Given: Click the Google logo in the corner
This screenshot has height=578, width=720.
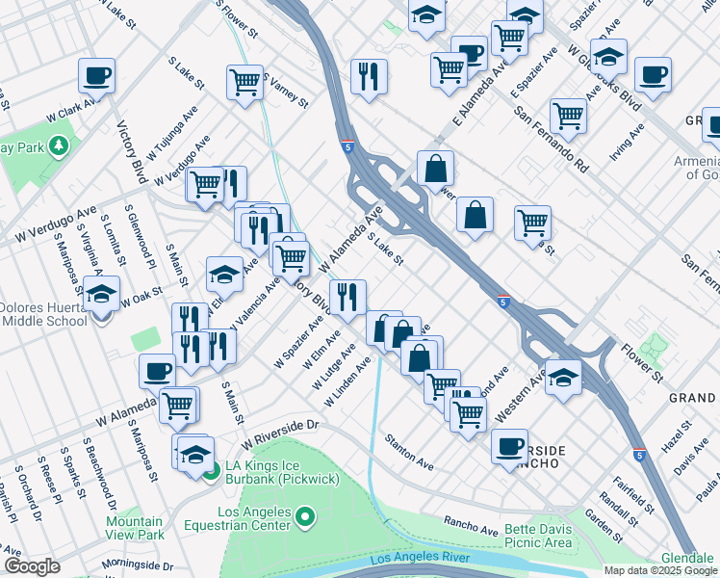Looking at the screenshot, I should (32, 566).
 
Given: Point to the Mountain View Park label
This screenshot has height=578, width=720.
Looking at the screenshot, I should (135, 527).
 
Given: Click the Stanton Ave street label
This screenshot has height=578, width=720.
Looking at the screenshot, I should (409, 453).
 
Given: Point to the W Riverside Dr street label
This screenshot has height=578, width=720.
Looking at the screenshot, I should (279, 433).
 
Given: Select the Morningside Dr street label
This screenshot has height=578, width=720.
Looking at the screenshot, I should (139, 566).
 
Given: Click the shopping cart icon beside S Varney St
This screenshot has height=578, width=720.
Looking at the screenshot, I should (245, 81).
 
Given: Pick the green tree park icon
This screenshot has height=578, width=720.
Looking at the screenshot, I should (60, 144).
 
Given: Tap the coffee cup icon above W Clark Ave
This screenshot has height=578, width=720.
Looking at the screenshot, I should (97, 75).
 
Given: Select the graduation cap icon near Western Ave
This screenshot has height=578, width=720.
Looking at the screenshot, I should (564, 378).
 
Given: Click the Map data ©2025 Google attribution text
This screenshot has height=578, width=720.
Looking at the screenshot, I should (659, 570).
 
